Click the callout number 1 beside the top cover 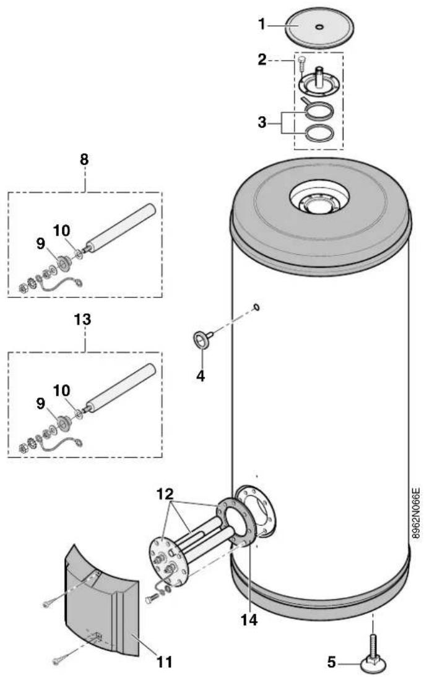click(x=261, y=24)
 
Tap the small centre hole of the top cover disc click(x=319, y=27)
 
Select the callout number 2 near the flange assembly click(x=262, y=59)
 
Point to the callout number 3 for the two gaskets click(x=262, y=122)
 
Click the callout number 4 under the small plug click(x=201, y=376)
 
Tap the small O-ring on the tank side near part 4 click(x=256, y=307)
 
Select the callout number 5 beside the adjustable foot click(x=331, y=662)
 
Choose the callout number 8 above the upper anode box click(x=84, y=160)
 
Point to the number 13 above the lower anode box click(x=82, y=320)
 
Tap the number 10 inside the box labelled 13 click(x=61, y=390)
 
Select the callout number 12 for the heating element click(x=165, y=493)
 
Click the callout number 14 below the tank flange click(x=249, y=620)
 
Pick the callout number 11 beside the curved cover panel click(x=164, y=662)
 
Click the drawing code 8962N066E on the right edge click(x=416, y=513)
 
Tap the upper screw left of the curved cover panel click(x=48, y=604)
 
